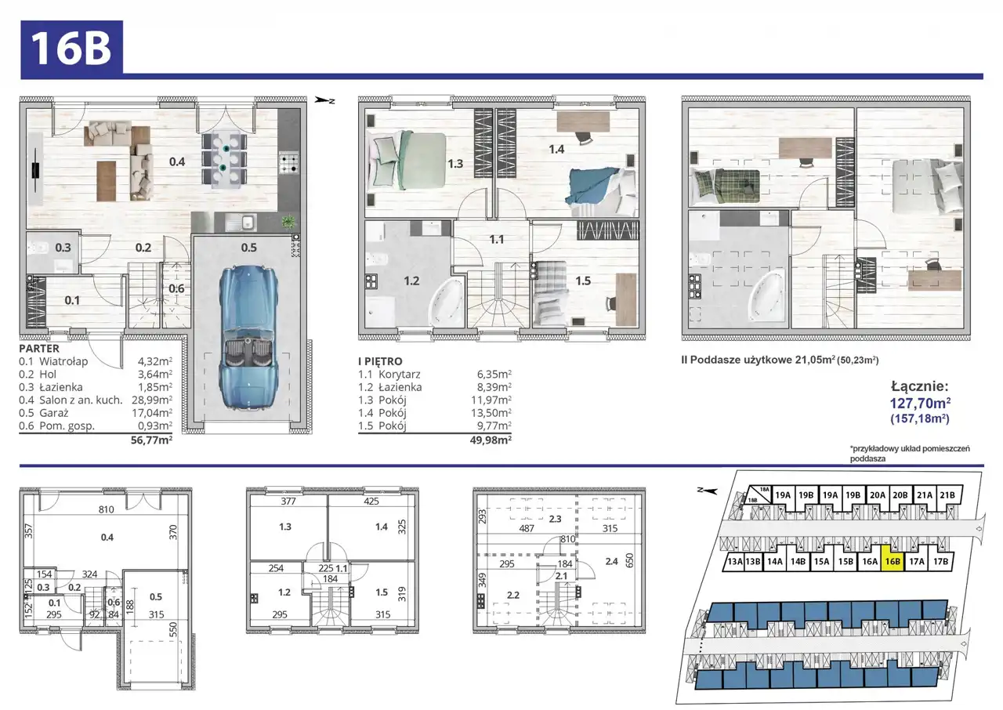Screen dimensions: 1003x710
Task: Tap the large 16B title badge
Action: coord(71,47)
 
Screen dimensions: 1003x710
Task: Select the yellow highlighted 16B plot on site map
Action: coord(893,561)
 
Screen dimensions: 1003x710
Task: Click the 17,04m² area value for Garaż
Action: coord(152,412)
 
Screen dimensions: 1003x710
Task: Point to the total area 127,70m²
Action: coord(920,404)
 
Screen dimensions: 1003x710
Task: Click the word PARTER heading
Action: coord(39,348)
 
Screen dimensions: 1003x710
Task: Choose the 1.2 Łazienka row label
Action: coord(390,387)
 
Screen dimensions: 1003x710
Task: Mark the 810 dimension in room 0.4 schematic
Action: coord(106,509)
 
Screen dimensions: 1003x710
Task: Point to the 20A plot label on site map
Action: coord(878,495)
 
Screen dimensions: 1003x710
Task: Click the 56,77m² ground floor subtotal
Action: coord(151,440)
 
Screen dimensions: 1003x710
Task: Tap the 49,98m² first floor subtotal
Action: coord(491,440)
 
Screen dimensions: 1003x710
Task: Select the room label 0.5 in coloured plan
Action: coord(249,248)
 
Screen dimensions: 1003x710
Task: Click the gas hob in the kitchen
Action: coord(289,163)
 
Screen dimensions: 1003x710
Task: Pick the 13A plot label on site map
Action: coord(735,561)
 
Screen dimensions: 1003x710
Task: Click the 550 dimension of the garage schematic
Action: coord(173,629)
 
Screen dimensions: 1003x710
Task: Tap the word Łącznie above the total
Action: coord(919,386)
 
